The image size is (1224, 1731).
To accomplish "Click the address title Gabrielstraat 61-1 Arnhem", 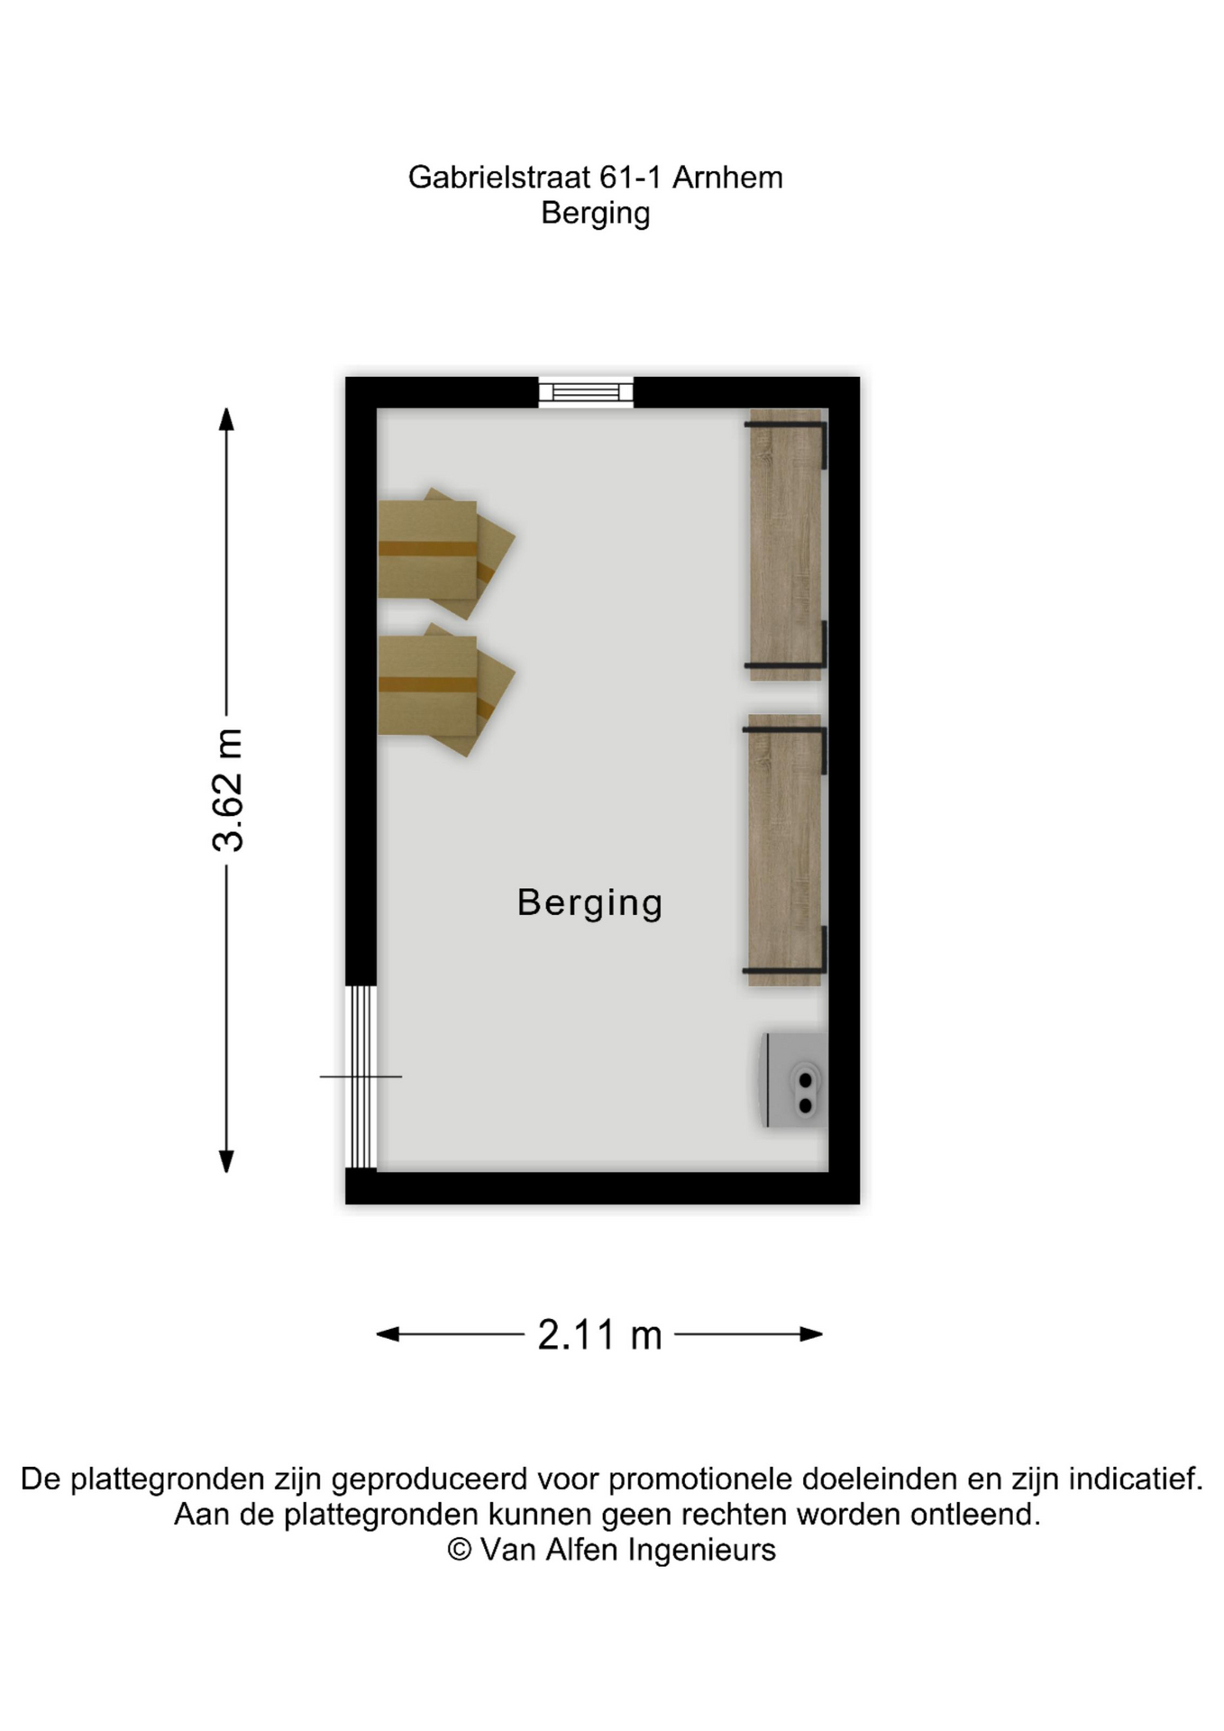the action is point(595,178).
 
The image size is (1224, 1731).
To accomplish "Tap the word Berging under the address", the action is point(595,215).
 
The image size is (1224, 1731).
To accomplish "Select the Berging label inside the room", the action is point(589,903).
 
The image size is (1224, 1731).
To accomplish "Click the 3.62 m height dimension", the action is point(227,790).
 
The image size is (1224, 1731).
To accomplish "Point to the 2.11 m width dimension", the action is point(600,1334).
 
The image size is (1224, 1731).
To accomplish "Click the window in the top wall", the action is point(586,392).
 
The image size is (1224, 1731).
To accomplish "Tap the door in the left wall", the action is point(361,1076).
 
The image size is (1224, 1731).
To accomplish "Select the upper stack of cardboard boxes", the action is point(445,553).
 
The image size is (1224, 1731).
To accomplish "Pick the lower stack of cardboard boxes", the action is point(445,689).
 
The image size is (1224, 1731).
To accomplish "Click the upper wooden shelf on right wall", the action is point(786,545).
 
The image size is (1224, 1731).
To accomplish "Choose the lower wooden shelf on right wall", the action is point(784,850).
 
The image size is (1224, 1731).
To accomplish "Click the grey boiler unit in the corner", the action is point(795,1080).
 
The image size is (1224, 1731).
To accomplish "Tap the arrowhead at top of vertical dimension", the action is point(227,419).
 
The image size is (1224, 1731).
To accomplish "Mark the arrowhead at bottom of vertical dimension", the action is point(227,1161).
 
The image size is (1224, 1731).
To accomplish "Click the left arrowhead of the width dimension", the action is point(388,1334).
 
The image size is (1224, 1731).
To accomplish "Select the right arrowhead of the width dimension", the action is point(811,1334).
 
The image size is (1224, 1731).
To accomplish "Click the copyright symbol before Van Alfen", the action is point(460,1550).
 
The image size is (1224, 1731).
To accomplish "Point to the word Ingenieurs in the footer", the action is point(701,1551).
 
